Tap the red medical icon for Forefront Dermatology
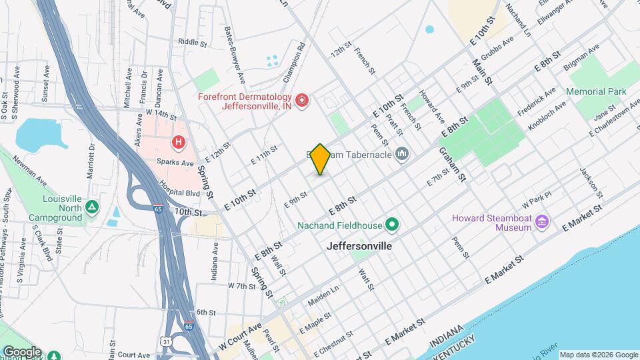coord(302,100)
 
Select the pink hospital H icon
coord(178,141)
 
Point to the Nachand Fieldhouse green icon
coord(392,224)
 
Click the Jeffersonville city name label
coord(359,246)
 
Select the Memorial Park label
coord(596,91)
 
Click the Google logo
coord(21,351)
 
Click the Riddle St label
coord(193,41)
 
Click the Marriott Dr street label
coord(91,161)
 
